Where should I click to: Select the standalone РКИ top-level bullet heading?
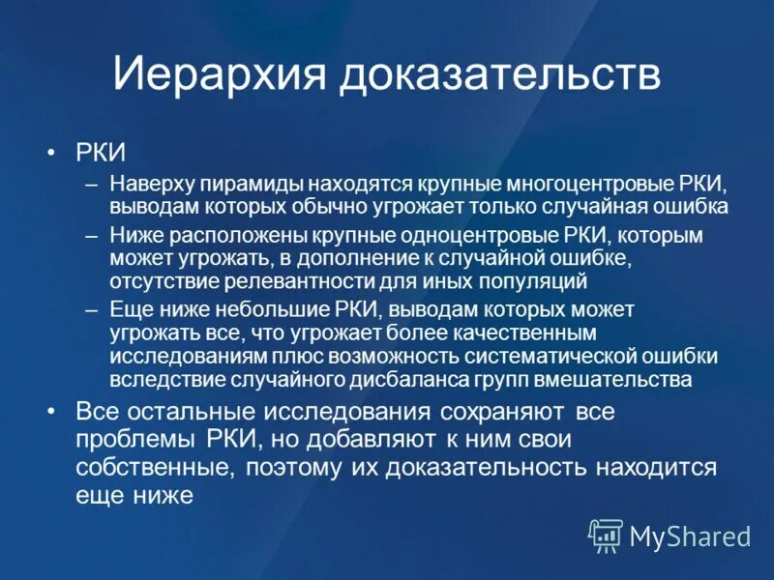[x=101, y=152]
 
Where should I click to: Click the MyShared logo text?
[x=690, y=535]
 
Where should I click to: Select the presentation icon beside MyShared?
[x=607, y=535]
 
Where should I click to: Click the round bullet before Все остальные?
[x=51, y=411]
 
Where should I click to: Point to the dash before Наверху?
[x=91, y=185]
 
